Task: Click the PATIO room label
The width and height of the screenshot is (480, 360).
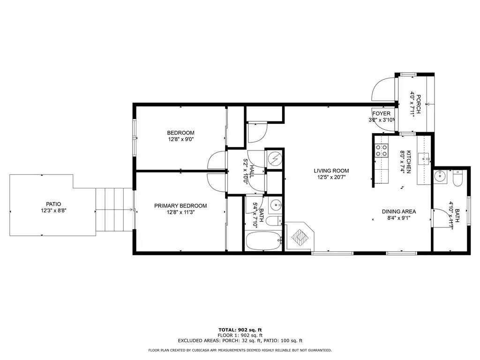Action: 53,204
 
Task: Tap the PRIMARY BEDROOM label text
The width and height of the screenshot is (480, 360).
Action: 180,206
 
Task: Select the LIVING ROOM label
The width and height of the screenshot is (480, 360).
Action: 331,171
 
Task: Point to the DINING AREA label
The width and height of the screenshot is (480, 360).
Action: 399,211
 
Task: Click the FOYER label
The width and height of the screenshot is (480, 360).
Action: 382,113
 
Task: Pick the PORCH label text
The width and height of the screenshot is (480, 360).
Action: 418,104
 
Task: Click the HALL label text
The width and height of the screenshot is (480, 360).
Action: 252,172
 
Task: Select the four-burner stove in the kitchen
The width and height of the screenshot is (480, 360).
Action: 382,150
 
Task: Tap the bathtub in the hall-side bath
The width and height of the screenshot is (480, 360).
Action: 263,241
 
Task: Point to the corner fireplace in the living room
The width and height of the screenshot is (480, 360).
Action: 300,236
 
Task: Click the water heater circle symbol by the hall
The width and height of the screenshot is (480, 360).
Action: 275,159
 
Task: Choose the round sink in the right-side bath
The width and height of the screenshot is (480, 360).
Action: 440,176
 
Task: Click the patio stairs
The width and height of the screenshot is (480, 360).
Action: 114,210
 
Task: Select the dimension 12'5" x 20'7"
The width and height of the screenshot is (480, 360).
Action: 331,177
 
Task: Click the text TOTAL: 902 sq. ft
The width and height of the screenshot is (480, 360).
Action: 240,330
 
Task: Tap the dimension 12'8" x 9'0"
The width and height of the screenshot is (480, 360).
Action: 180,139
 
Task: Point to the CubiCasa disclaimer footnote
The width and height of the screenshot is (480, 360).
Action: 240,350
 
